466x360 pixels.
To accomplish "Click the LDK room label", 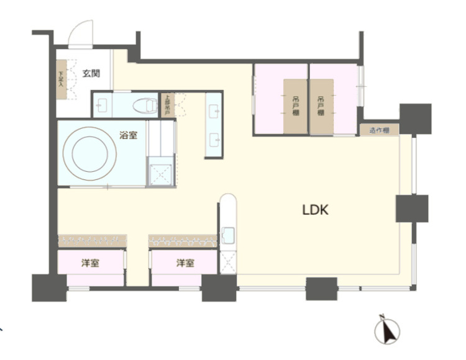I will (x=315, y=210).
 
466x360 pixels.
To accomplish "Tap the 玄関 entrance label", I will (x=91, y=73).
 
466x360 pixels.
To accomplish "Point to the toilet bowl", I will (x=145, y=105).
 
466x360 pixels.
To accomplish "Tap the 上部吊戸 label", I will (x=167, y=105).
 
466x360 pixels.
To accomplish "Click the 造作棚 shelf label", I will (x=378, y=130).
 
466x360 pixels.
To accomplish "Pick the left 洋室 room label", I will (x=91, y=263).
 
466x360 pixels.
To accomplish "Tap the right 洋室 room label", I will (x=185, y=263).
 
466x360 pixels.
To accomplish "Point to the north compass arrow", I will (x=388, y=330).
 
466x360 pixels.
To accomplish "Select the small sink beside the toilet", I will (x=102, y=105).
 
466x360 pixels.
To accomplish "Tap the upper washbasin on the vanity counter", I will (x=214, y=112).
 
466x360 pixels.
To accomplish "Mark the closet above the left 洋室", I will (x=92, y=240).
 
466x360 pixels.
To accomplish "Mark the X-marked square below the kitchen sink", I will (x=227, y=261).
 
